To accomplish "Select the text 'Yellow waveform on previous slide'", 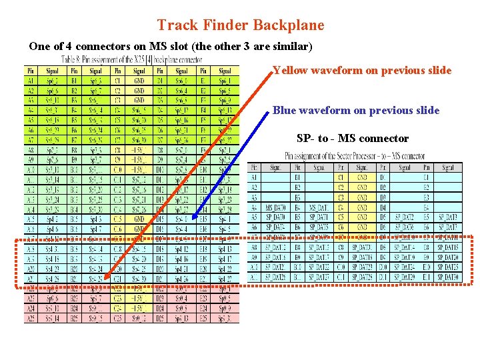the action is (x=362, y=71).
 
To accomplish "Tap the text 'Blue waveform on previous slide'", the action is (x=356, y=110).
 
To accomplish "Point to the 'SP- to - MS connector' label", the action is (x=353, y=139).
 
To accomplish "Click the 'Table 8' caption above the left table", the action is (x=131, y=59).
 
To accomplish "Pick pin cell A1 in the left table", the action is (x=31, y=79).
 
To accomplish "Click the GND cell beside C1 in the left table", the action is (x=139, y=79).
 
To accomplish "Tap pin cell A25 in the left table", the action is (x=31, y=319).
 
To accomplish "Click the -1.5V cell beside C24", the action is (x=139, y=309).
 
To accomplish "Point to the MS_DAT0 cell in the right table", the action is (x=275, y=207).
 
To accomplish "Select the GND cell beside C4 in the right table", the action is (x=362, y=207).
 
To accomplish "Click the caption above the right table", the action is (x=355, y=156).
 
